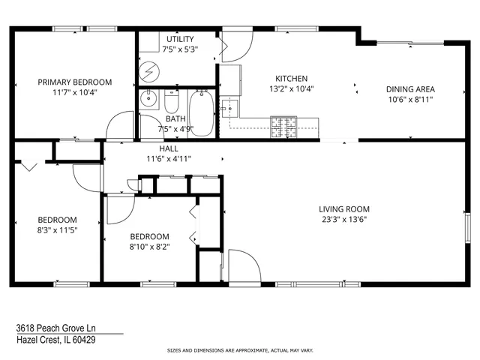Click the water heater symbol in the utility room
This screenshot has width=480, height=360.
point(150,71)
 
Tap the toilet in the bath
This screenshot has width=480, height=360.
point(171,103)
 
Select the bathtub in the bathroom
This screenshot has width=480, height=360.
point(199,112)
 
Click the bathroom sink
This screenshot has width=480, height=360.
point(148,98)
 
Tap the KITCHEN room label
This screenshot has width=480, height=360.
point(291,79)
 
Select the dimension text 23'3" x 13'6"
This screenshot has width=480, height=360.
point(344,220)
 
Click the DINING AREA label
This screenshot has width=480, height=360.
point(410,89)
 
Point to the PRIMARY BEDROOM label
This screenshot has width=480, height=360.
point(75,82)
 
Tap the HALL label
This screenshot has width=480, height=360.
point(168,148)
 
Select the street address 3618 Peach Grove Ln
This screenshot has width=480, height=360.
point(56,328)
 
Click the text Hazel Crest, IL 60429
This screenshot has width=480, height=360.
point(55,340)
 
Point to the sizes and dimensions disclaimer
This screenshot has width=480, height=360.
point(239,350)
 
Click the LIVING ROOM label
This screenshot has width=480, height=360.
point(344,209)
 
